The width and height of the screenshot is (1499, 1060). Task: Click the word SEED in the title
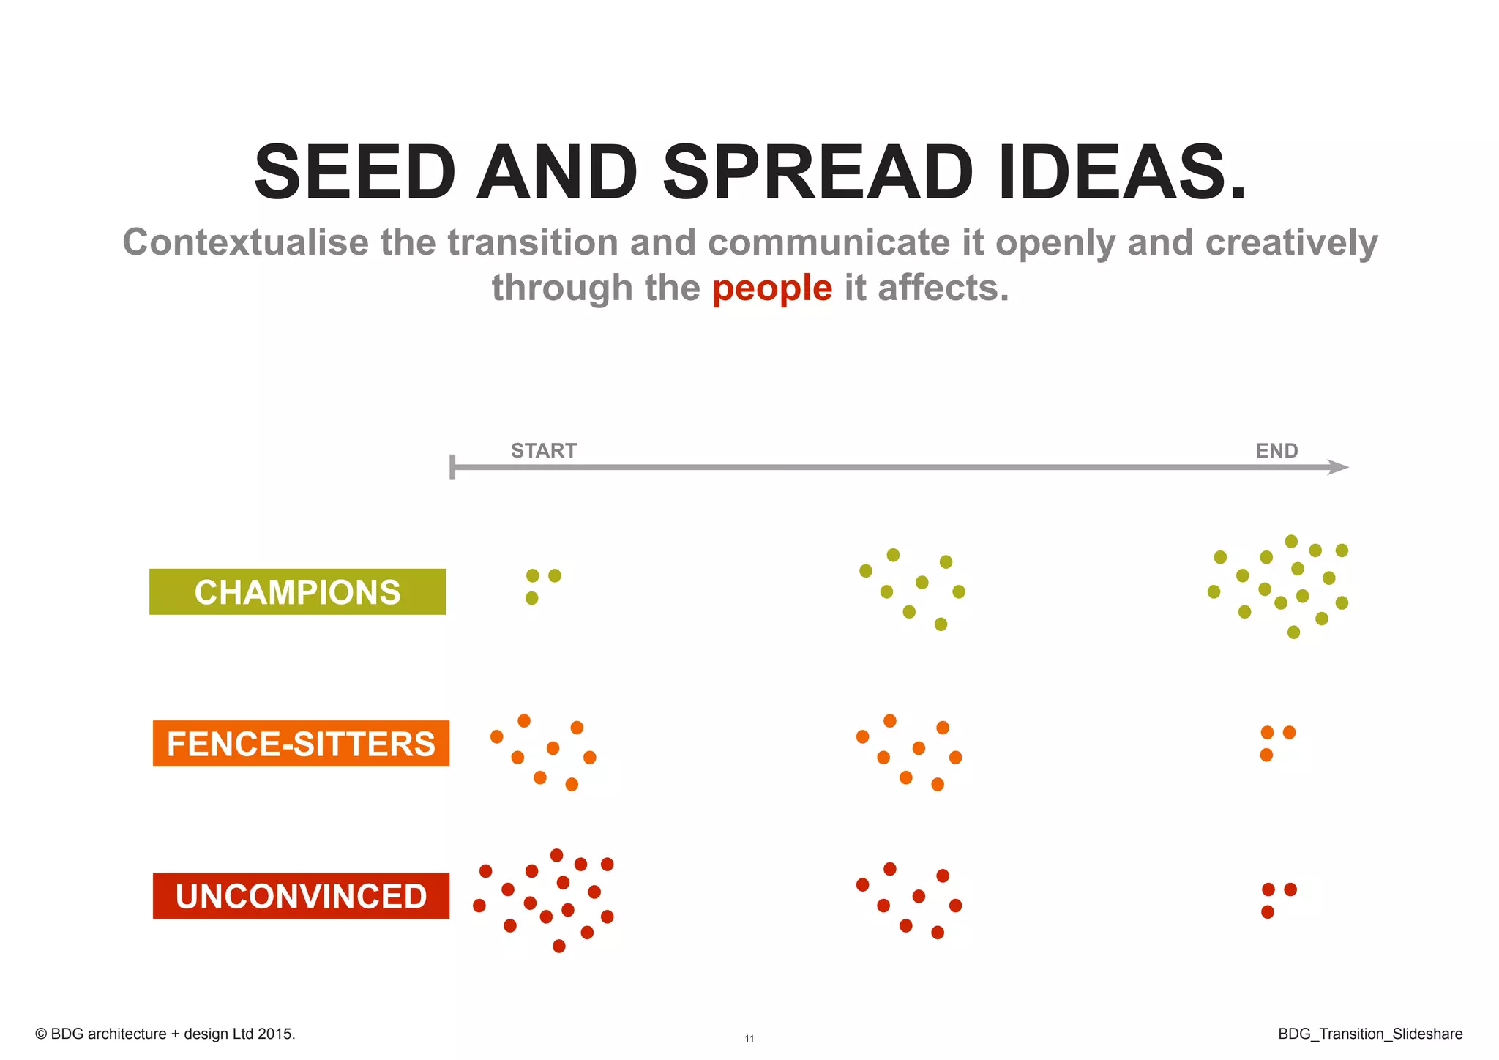[x=355, y=173]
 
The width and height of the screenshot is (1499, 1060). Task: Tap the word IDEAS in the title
[x=1121, y=173]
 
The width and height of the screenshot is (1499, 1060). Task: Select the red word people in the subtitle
[x=772, y=288]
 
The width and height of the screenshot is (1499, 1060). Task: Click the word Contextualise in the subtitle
[x=245, y=242]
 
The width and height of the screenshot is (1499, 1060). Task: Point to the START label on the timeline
[x=544, y=451]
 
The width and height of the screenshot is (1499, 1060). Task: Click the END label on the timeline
[x=1276, y=451]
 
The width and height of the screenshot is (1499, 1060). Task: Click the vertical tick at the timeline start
[x=452, y=467]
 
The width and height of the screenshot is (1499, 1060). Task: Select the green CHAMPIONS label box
[x=297, y=591]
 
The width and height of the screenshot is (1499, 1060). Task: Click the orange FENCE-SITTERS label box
[x=301, y=744]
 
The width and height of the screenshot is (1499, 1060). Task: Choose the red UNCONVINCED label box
[x=301, y=895]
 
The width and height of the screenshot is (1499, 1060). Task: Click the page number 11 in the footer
[x=749, y=1039]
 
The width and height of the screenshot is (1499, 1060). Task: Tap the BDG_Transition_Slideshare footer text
[x=1370, y=1034]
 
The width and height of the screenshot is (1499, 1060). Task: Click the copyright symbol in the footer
[x=41, y=1034]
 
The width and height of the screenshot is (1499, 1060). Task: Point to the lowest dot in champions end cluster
[x=1293, y=632]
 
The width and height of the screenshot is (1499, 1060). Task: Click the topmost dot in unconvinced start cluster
[x=556, y=855]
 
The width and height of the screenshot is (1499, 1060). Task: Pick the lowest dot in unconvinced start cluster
[x=559, y=946]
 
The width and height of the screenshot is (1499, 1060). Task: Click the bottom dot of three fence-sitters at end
[x=1266, y=755]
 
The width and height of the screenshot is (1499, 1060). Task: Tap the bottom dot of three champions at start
[x=532, y=598]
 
